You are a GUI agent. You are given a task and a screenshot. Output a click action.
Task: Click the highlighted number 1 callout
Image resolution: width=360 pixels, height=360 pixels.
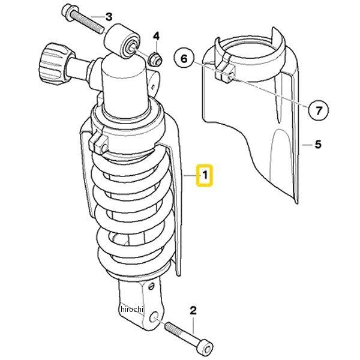point(204,175)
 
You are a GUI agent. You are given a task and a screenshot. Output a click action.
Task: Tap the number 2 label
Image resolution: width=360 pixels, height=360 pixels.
point(193,310)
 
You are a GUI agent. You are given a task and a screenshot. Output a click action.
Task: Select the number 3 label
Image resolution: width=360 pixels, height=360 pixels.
point(109,17)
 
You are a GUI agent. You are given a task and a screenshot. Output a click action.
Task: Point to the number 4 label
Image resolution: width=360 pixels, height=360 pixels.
point(156,36)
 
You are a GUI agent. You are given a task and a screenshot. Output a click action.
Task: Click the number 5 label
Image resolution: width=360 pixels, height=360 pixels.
point(318,145)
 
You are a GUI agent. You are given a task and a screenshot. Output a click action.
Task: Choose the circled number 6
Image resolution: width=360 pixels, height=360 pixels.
point(184,59)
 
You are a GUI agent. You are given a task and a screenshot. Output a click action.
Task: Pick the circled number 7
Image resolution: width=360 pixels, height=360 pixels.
point(318,110)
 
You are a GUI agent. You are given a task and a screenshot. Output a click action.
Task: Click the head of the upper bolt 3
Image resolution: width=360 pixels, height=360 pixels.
point(67,13)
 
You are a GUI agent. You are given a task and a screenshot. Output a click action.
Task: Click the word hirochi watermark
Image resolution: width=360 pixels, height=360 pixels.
point(131,309)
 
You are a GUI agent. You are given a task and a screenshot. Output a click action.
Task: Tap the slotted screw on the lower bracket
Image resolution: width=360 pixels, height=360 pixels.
point(151,286)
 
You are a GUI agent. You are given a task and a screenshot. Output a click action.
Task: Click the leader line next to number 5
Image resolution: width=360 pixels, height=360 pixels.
point(307,145)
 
